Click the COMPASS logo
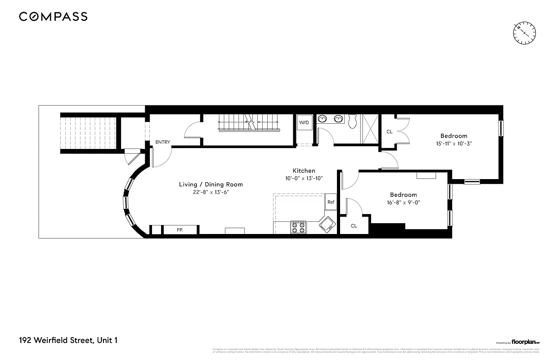[53, 17]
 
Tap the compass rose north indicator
[525, 33]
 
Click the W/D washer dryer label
[304, 122]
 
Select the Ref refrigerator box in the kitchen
[331, 202]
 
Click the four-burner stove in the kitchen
[298, 227]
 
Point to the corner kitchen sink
[327, 225]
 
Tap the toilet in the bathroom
[354, 120]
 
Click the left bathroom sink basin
[322, 119]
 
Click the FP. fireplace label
[180, 230]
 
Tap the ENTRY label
[163, 142]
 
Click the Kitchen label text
[304, 171]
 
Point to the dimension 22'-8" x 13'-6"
[211, 192]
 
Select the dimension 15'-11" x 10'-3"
[453, 144]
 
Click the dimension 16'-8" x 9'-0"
[403, 202]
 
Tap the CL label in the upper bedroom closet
[390, 132]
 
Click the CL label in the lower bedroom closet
[354, 226]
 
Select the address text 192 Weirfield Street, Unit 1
[68, 340]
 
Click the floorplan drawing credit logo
[517, 342]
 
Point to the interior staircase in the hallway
[248, 123]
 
